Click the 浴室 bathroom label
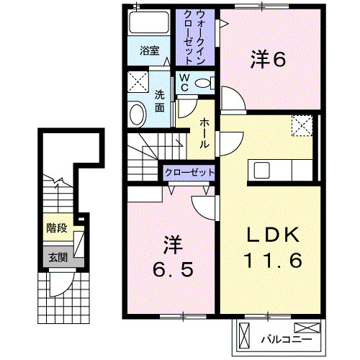point(150,51)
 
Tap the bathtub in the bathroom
point(149,22)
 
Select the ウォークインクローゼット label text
point(194,37)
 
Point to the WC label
point(184,83)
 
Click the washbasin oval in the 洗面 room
point(138,114)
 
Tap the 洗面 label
point(159,101)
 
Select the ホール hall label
point(204,133)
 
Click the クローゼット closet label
point(189,173)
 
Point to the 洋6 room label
point(268,59)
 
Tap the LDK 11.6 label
point(273,247)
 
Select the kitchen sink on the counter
point(262,170)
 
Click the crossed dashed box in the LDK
point(302,125)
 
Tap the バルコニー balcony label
point(287,340)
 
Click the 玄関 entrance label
point(58,258)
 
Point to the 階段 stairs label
point(57,228)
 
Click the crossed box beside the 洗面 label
point(138,81)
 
